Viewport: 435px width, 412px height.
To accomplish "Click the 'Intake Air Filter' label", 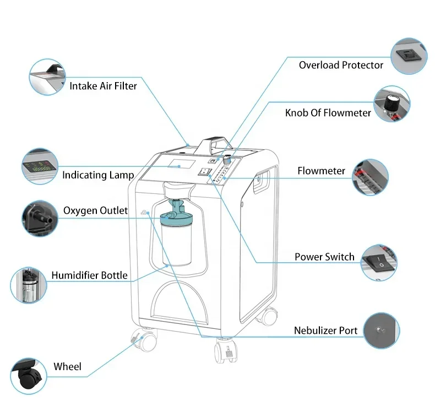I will tap(103, 86).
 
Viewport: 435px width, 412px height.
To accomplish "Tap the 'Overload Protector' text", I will tap(341, 65).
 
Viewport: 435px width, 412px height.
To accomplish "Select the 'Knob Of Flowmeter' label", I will tap(328, 113).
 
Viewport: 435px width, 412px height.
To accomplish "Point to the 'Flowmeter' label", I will tap(321, 171).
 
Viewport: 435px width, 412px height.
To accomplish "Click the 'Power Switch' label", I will tap(324, 257).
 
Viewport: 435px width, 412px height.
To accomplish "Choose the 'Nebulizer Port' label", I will tap(325, 330).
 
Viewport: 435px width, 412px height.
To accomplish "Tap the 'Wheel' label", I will tap(67, 366).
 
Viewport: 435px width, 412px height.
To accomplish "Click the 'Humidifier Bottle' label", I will tap(90, 275).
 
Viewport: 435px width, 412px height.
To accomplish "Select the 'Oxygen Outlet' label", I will tap(96, 210).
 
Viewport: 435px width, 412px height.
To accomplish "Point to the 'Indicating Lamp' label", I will tap(98, 175).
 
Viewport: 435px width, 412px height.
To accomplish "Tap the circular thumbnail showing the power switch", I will tap(380, 263).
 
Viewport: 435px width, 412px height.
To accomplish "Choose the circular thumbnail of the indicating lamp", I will tap(39, 167).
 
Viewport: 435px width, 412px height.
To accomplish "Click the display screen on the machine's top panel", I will tap(180, 164).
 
